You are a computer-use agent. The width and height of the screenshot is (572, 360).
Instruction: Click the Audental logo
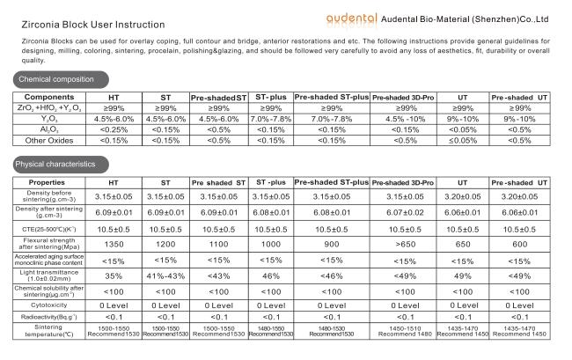click(x=351, y=19)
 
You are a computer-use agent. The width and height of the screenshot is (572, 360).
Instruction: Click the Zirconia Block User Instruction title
click(x=93, y=25)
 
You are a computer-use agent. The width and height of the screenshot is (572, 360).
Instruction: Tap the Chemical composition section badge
click(x=61, y=79)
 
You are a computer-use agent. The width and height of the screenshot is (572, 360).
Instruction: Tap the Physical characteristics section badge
click(x=61, y=165)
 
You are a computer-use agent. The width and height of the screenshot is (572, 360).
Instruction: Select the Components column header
click(x=49, y=97)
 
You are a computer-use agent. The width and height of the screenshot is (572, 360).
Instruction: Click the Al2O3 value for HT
click(x=114, y=130)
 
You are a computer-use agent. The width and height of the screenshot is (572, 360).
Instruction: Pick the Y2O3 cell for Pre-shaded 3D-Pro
click(x=406, y=120)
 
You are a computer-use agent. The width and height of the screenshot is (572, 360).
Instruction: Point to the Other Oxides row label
click(x=49, y=141)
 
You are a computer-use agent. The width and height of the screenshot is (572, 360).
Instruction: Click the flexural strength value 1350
click(x=114, y=245)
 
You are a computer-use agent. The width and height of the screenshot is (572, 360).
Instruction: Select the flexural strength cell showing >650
click(x=406, y=245)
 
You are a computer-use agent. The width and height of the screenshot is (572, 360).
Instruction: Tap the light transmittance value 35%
click(x=114, y=276)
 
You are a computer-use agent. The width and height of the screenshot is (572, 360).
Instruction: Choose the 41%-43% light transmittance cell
click(x=165, y=276)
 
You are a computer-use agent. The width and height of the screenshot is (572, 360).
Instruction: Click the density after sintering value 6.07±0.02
click(x=405, y=213)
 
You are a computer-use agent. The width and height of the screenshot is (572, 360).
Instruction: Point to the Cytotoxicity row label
click(x=49, y=305)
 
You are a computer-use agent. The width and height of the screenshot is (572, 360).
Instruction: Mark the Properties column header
click(x=47, y=182)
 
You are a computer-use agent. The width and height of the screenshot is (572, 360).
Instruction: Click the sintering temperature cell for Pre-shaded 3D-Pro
click(x=405, y=331)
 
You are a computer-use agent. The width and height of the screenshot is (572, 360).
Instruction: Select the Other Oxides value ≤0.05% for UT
click(x=463, y=141)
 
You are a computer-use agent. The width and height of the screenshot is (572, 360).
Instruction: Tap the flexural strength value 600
click(x=520, y=245)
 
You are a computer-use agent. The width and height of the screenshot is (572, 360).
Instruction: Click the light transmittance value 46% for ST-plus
click(x=271, y=276)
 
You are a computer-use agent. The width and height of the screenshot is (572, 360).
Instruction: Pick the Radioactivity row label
click(x=49, y=317)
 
